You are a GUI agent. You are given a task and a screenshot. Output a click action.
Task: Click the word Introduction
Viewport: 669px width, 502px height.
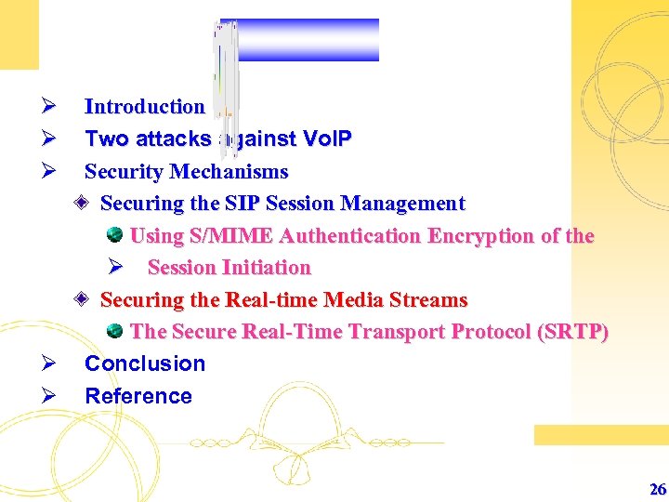pos(144,107)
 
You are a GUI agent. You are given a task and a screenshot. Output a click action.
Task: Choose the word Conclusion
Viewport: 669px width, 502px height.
pos(145,363)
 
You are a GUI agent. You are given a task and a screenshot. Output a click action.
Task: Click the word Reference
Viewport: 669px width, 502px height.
pos(138,396)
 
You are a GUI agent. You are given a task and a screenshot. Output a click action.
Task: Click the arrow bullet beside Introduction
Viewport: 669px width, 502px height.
pos(51,107)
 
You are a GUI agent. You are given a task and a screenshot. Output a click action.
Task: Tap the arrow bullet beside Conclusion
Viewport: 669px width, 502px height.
pos(51,363)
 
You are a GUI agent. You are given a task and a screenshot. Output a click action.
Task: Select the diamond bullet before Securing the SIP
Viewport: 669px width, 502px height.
pos(83,204)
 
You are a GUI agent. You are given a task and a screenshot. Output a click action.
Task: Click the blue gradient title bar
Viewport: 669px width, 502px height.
pos(307,39)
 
